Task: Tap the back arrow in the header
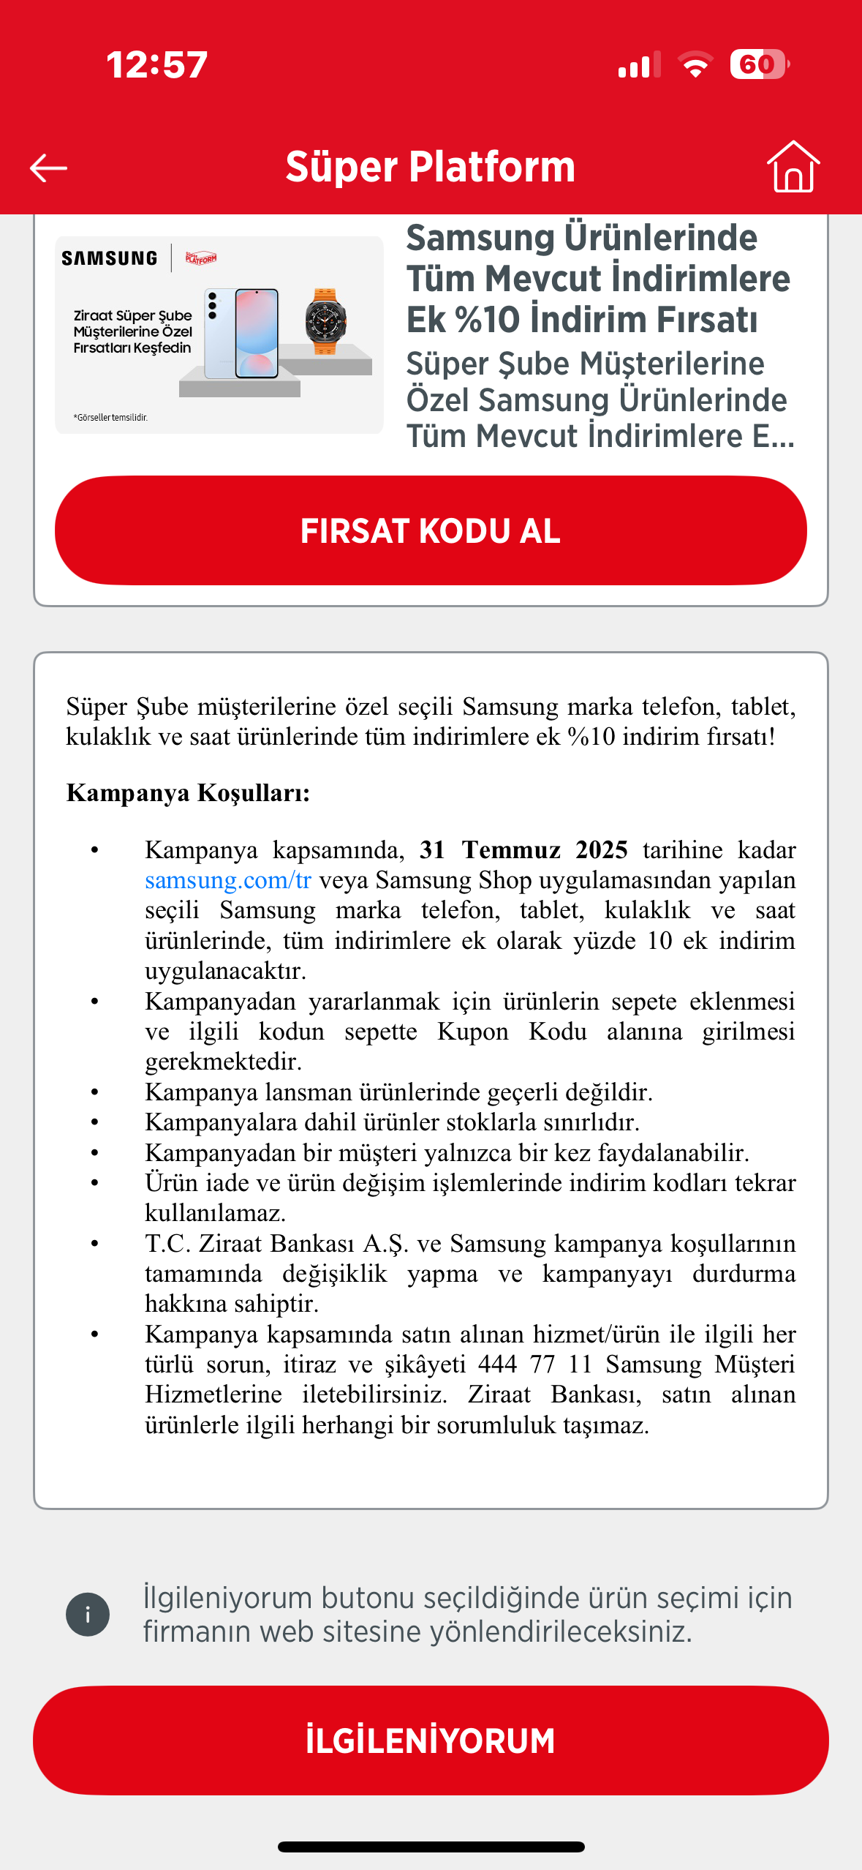(x=48, y=168)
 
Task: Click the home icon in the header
(x=793, y=167)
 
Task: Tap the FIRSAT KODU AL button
(x=431, y=530)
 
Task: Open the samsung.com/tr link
(x=228, y=880)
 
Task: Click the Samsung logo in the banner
(x=110, y=258)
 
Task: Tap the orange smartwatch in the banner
(x=325, y=321)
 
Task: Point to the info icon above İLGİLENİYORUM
(x=88, y=1614)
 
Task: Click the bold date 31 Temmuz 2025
(x=523, y=850)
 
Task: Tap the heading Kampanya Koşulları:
(x=188, y=793)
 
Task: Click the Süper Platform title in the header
(x=430, y=167)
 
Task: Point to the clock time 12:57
(x=156, y=64)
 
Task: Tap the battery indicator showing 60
(x=759, y=64)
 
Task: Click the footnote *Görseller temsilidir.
(x=110, y=418)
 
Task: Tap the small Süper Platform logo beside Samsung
(x=200, y=258)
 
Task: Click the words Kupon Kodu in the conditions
(x=512, y=1032)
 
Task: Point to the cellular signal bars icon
(x=638, y=64)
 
